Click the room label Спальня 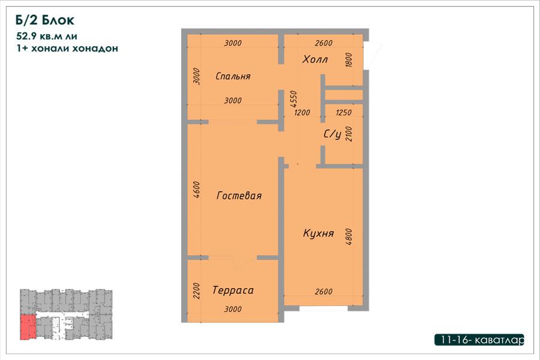tap(233, 76)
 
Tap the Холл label tap(315, 59)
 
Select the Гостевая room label tap(239, 196)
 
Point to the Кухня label tap(318, 233)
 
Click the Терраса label tap(233, 290)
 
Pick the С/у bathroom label tap(332, 134)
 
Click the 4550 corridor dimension tap(293, 98)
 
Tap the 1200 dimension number tap(302, 112)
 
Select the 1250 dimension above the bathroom tap(343, 112)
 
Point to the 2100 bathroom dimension tap(349, 134)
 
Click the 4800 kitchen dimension tap(349, 236)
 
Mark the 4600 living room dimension tap(196, 190)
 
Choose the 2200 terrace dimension tap(196, 291)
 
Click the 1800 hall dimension tap(349, 59)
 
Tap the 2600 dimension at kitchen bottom tap(323, 292)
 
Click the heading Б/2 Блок tap(45, 20)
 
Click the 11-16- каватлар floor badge tap(479, 340)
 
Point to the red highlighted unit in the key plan tap(28, 327)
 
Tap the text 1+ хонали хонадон tap(67, 48)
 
